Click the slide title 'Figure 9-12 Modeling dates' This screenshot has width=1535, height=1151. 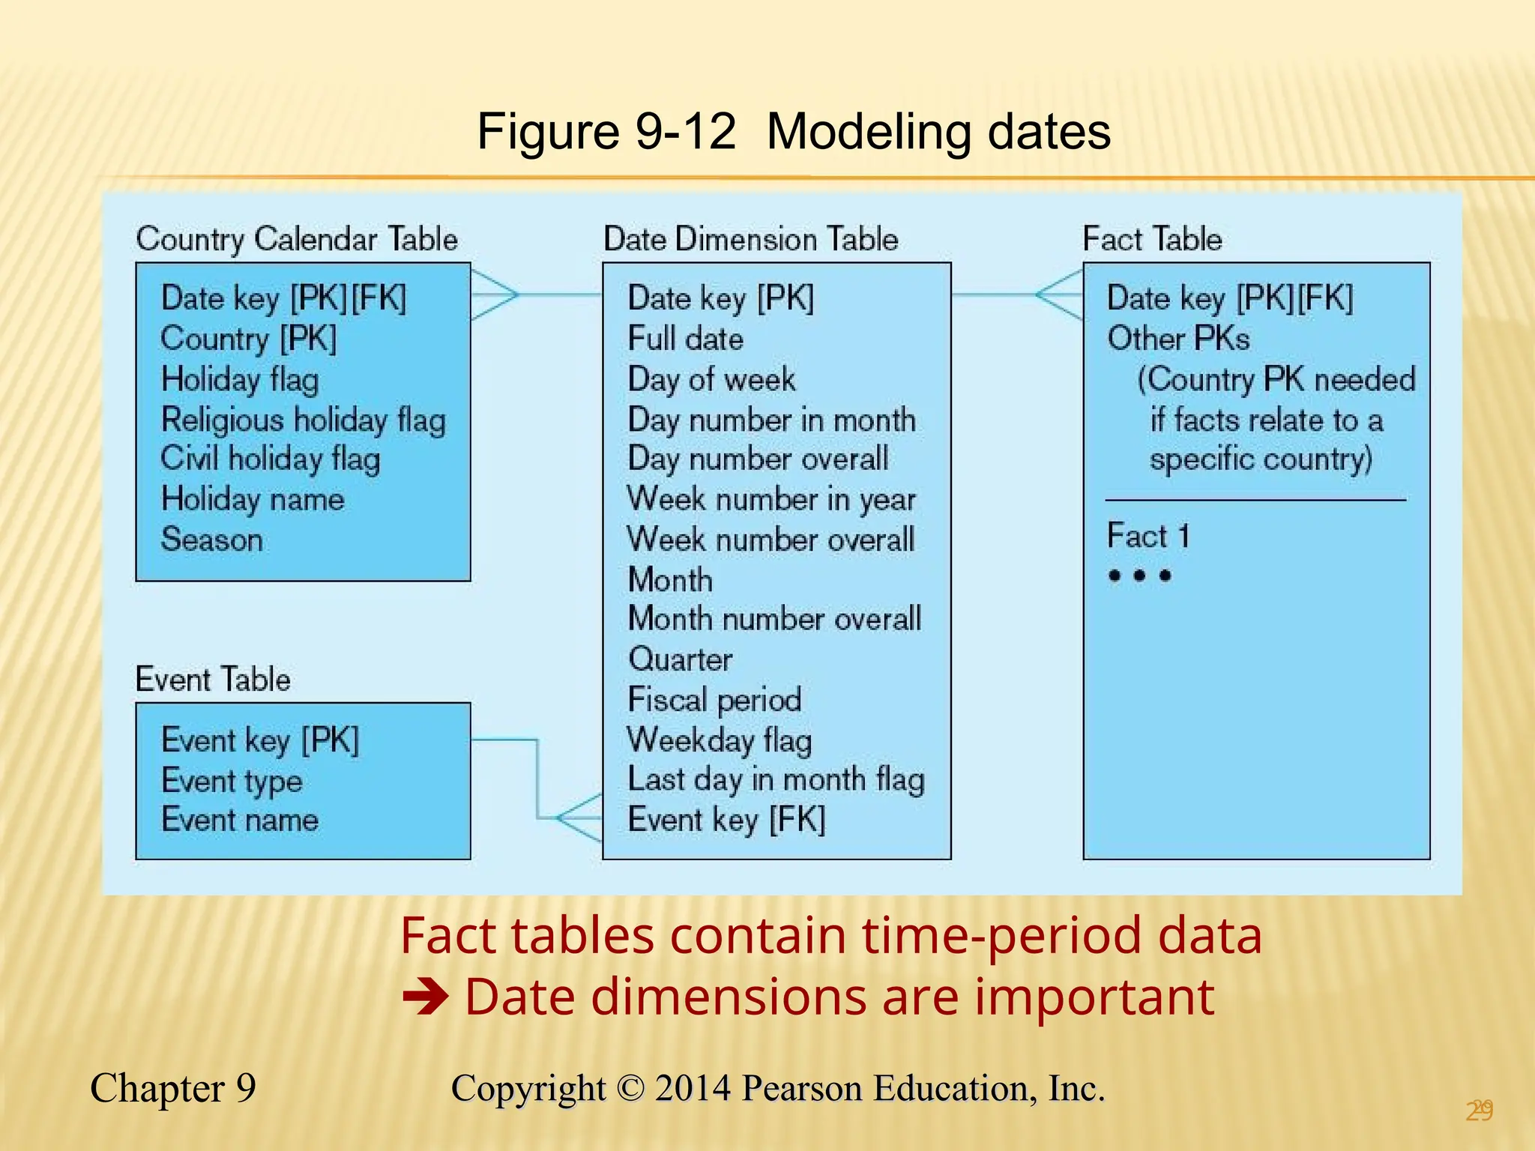[x=793, y=132]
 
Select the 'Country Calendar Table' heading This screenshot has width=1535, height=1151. [x=297, y=239]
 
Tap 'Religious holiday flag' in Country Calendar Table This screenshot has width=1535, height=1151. [x=304, y=420]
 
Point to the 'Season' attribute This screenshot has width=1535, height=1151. [x=212, y=540]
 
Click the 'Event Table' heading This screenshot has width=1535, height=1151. [x=213, y=679]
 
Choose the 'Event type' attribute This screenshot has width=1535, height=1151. [x=232, y=781]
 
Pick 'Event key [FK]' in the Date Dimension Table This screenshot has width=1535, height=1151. [x=726, y=819]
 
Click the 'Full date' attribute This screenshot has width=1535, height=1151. [x=685, y=339]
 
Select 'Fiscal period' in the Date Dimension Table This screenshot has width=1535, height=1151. [x=714, y=700]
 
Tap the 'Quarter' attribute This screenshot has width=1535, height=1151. [x=680, y=659]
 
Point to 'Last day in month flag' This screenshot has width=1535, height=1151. [x=776, y=779]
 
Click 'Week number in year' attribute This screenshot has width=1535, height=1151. [x=771, y=499]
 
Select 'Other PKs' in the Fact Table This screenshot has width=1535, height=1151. [x=1178, y=339]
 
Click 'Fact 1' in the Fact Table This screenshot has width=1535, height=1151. [x=1148, y=537]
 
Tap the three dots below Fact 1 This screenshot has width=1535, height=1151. [x=1139, y=575]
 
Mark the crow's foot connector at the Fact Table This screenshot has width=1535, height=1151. [x=1059, y=294]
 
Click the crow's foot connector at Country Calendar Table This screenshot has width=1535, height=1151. [x=494, y=294]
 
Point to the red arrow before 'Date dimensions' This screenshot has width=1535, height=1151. [x=425, y=997]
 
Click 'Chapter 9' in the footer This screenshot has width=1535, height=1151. [x=173, y=1088]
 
